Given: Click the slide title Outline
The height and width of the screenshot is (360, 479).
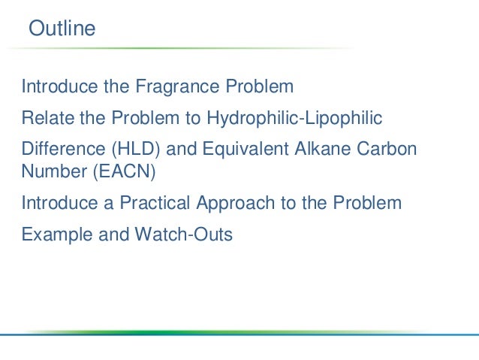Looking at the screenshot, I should (62, 29).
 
